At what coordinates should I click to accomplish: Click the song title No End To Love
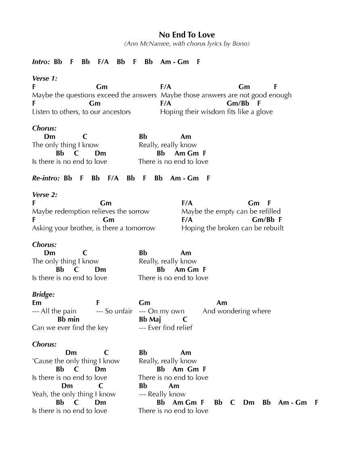click(187, 35)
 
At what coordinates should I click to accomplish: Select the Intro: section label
click(41, 62)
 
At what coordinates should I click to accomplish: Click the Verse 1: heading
click(45, 79)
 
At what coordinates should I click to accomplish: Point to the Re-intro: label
click(46, 178)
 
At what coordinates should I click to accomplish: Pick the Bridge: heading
click(43, 295)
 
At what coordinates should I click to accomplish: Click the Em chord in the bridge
click(37, 303)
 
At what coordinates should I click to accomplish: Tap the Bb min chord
click(68, 319)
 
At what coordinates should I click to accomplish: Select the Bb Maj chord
click(150, 319)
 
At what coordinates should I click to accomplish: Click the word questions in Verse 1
click(80, 95)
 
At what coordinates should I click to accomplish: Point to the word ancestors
click(114, 112)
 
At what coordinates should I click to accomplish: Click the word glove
click(264, 112)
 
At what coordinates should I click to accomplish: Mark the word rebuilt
click(273, 228)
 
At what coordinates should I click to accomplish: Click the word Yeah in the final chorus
click(40, 394)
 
